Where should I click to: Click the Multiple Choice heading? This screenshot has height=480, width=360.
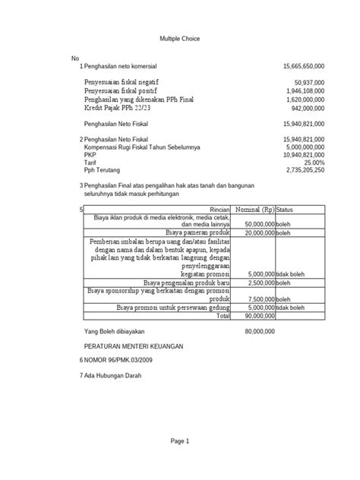179,38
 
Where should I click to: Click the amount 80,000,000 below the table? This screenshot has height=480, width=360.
259,332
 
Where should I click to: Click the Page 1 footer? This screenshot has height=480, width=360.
179,442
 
